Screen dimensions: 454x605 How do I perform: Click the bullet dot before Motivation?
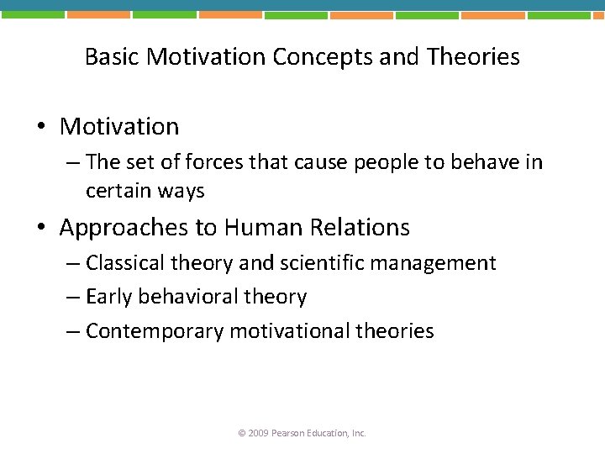[41, 128]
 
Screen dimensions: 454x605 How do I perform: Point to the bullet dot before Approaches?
[41, 228]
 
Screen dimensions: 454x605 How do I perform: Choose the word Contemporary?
[155, 331]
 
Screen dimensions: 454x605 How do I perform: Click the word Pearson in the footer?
[291, 433]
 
